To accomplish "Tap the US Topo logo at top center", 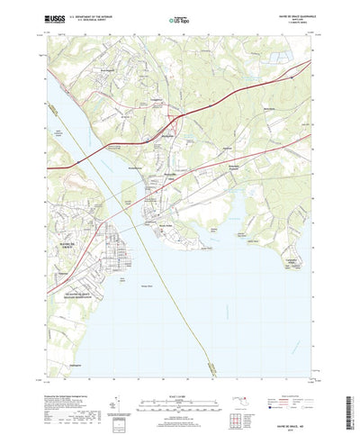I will pyautogui.click(x=179, y=17).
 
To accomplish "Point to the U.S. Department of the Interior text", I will pyautogui.click(x=99, y=14).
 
